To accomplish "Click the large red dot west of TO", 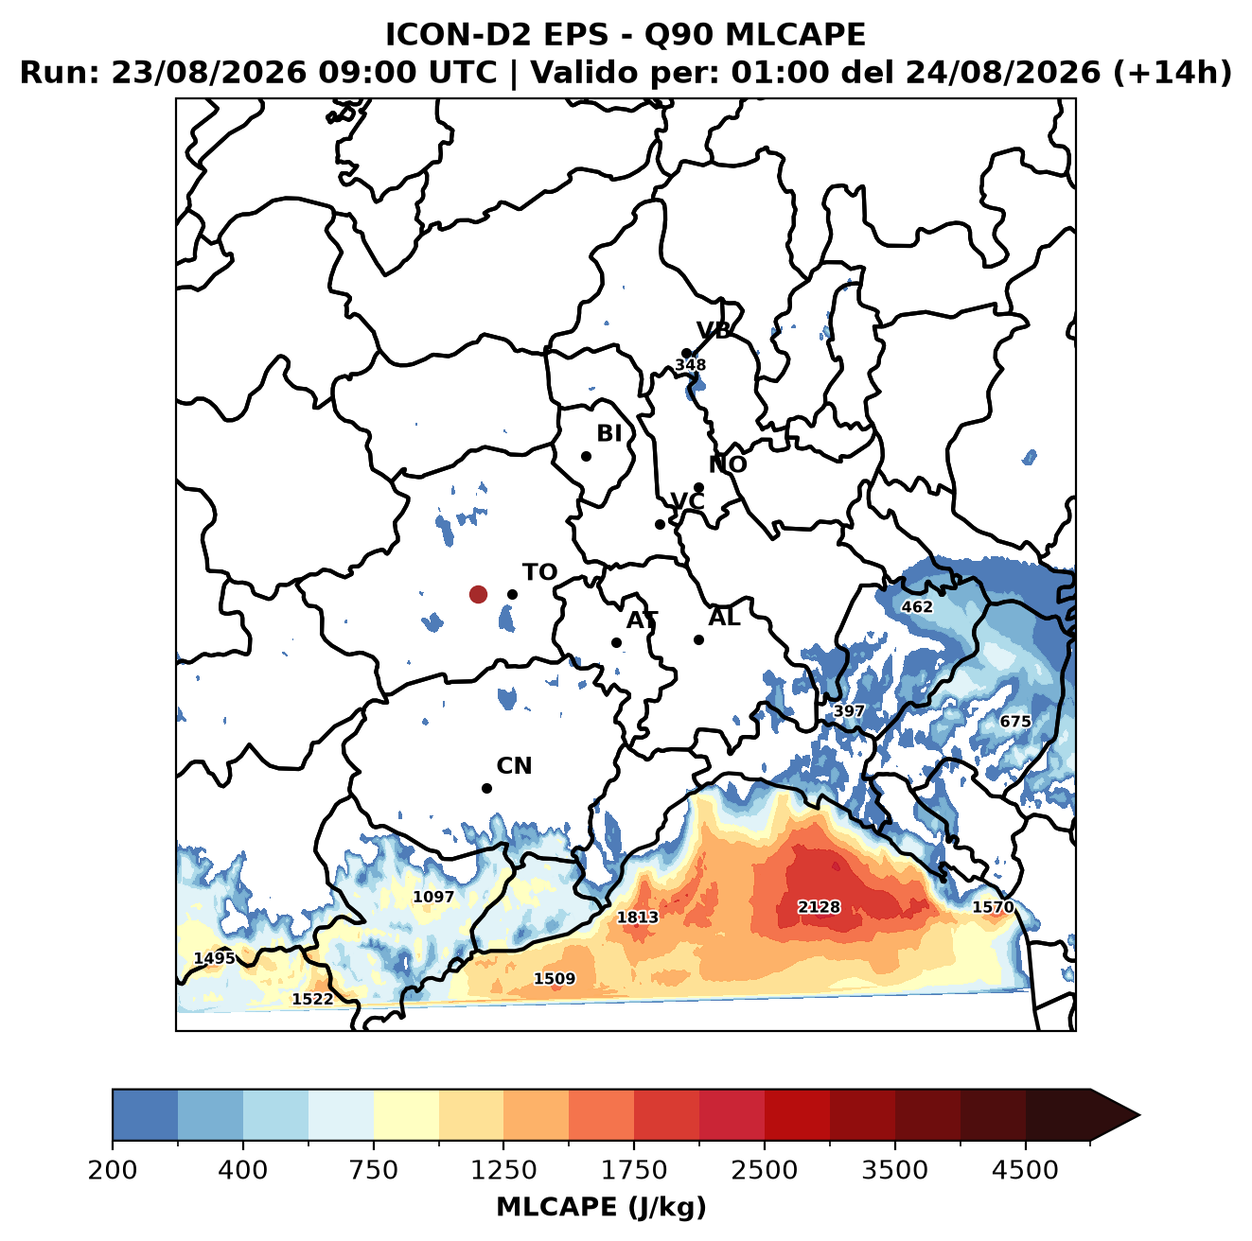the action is (x=478, y=594).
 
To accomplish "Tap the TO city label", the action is (x=540, y=572).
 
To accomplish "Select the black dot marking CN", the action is (x=486, y=788).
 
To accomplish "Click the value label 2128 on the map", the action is (x=819, y=906).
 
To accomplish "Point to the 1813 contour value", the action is (x=638, y=917).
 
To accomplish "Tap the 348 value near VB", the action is (x=690, y=365).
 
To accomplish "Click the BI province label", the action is (x=609, y=433).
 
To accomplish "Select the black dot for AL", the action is (x=698, y=639).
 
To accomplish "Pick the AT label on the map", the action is (x=642, y=620).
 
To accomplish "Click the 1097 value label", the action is (x=433, y=897).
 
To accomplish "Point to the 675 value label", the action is (x=1014, y=722).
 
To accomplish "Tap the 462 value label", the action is (x=917, y=606).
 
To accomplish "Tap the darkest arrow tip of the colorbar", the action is (x=1139, y=1116).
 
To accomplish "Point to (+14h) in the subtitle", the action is (x=1173, y=73).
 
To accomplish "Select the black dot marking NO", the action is (x=698, y=487).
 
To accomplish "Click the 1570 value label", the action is (x=993, y=906).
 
